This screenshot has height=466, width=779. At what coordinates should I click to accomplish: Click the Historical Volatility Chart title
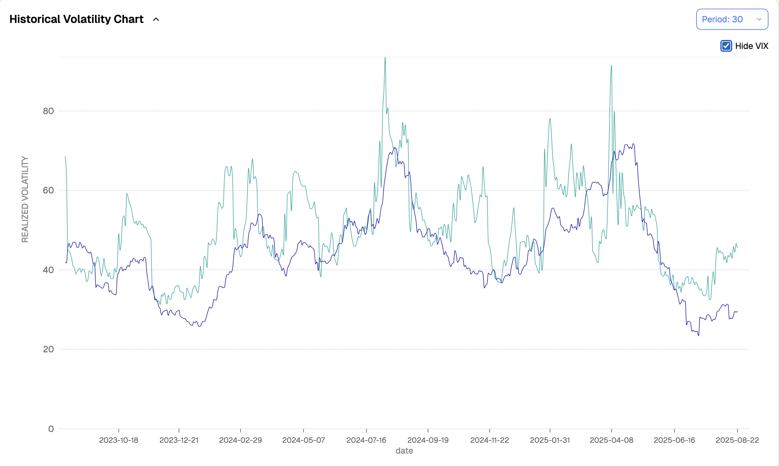pyautogui.click(x=76, y=19)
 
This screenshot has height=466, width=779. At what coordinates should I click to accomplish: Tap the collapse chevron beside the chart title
pyautogui.click(x=156, y=20)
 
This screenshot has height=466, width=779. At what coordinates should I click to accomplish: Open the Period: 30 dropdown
pyautogui.click(x=732, y=19)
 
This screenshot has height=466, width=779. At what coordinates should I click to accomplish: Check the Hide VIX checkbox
pyautogui.click(x=726, y=46)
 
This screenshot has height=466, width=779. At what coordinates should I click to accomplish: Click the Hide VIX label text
pyautogui.click(x=751, y=46)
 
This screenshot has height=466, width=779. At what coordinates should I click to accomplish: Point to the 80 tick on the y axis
pyautogui.click(x=48, y=111)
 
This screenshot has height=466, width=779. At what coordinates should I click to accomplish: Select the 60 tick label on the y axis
pyautogui.click(x=48, y=190)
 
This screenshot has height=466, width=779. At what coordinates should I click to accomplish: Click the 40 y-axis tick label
pyautogui.click(x=48, y=270)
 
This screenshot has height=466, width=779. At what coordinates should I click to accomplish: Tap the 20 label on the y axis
pyautogui.click(x=48, y=349)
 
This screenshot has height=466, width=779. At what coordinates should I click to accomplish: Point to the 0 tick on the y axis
pyautogui.click(x=51, y=429)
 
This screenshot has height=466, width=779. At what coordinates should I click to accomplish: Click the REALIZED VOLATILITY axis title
pyautogui.click(x=25, y=200)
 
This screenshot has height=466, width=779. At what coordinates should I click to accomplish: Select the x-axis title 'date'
pyautogui.click(x=404, y=451)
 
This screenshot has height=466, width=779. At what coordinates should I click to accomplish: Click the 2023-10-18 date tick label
pyautogui.click(x=118, y=440)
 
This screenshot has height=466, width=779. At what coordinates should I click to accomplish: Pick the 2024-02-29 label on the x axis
pyautogui.click(x=240, y=440)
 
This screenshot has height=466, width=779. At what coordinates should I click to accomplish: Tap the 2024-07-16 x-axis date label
pyautogui.click(x=366, y=440)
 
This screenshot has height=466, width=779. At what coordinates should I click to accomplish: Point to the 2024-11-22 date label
pyautogui.click(x=489, y=440)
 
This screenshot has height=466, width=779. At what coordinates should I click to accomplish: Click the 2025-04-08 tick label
pyautogui.click(x=611, y=440)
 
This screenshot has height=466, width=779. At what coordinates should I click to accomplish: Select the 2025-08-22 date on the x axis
pyautogui.click(x=737, y=440)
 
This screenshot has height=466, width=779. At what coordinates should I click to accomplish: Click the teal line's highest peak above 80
pyautogui.click(x=385, y=58)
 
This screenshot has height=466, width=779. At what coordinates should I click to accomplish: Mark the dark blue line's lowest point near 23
pyautogui.click(x=699, y=336)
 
